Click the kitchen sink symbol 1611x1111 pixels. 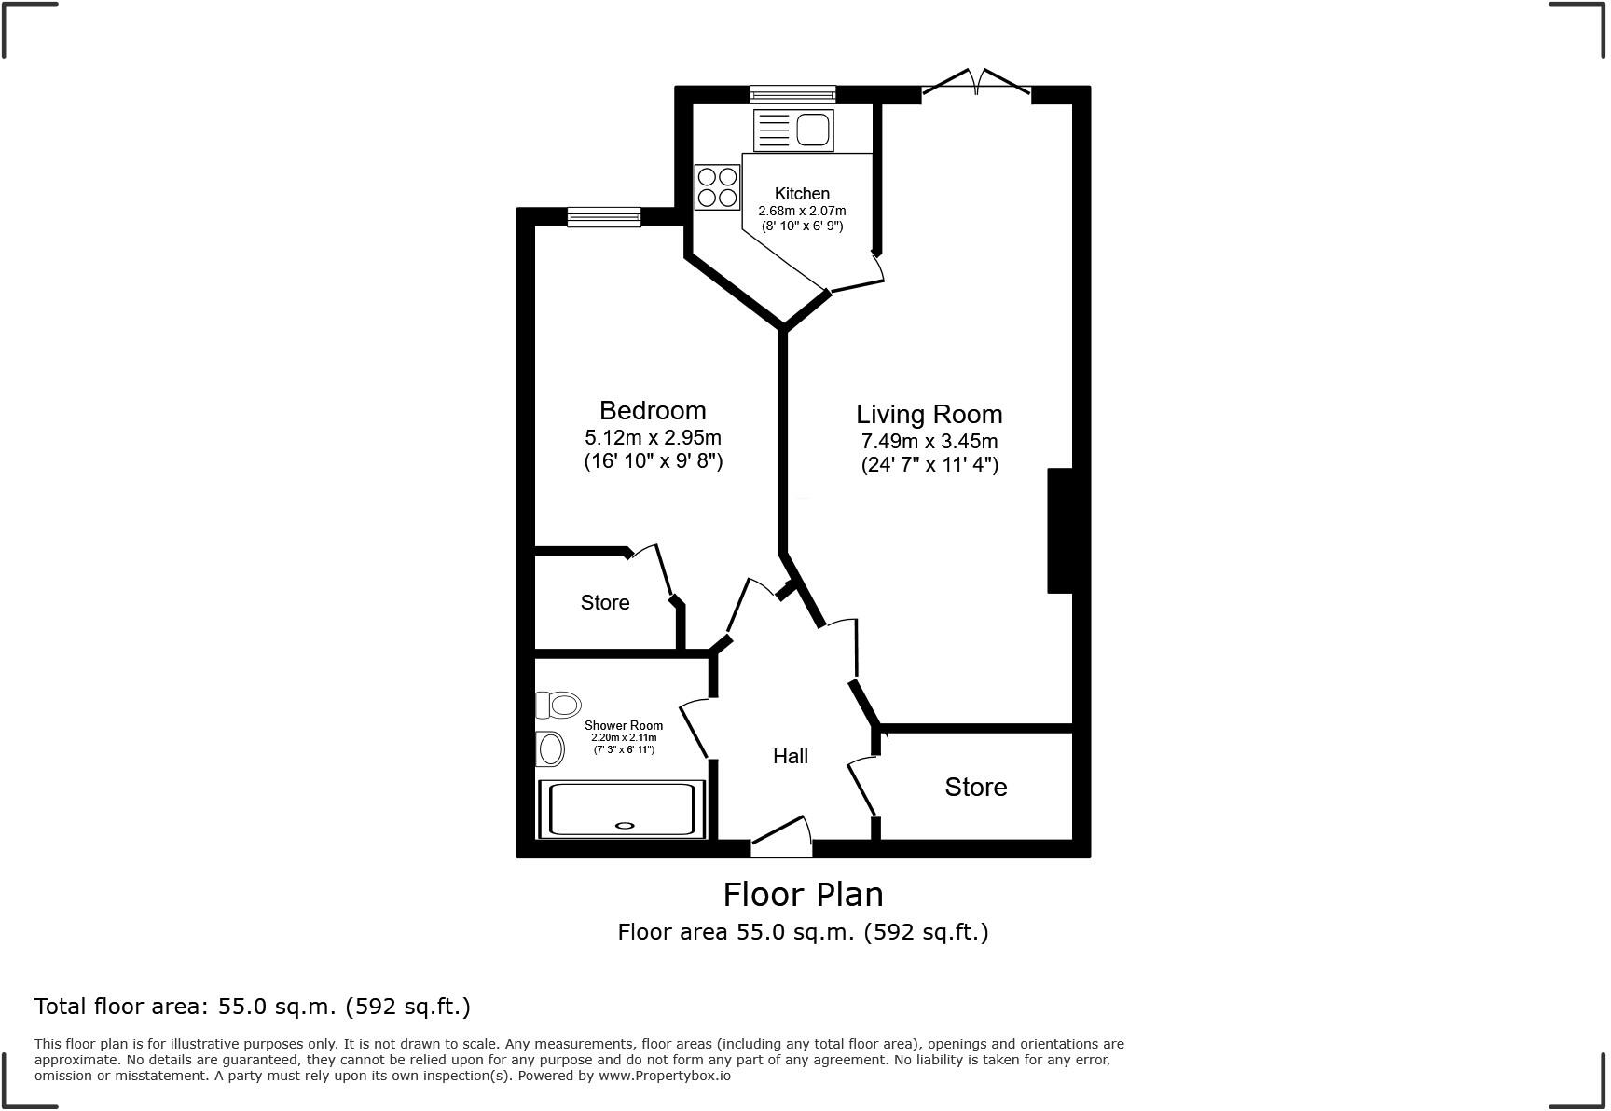click(794, 130)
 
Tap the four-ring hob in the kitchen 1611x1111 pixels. click(717, 186)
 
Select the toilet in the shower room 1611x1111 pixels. click(559, 706)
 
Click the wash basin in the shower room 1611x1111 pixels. click(551, 748)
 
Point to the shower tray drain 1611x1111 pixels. click(625, 824)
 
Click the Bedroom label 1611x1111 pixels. click(653, 411)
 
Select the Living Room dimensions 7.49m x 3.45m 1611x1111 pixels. click(929, 441)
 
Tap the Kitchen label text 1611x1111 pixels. click(802, 194)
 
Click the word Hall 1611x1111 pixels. click(790, 757)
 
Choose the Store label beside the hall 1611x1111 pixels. click(975, 788)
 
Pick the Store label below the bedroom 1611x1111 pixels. click(605, 603)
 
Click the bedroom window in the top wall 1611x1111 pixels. click(604, 217)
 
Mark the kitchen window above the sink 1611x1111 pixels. click(793, 93)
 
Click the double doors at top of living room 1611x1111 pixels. click(976, 84)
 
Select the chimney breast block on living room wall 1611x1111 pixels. click(1061, 530)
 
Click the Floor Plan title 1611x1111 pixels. click(803, 895)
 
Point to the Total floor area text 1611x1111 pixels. click(252, 1007)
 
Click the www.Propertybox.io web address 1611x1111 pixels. click(664, 1076)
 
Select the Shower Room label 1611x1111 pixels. click(624, 725)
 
